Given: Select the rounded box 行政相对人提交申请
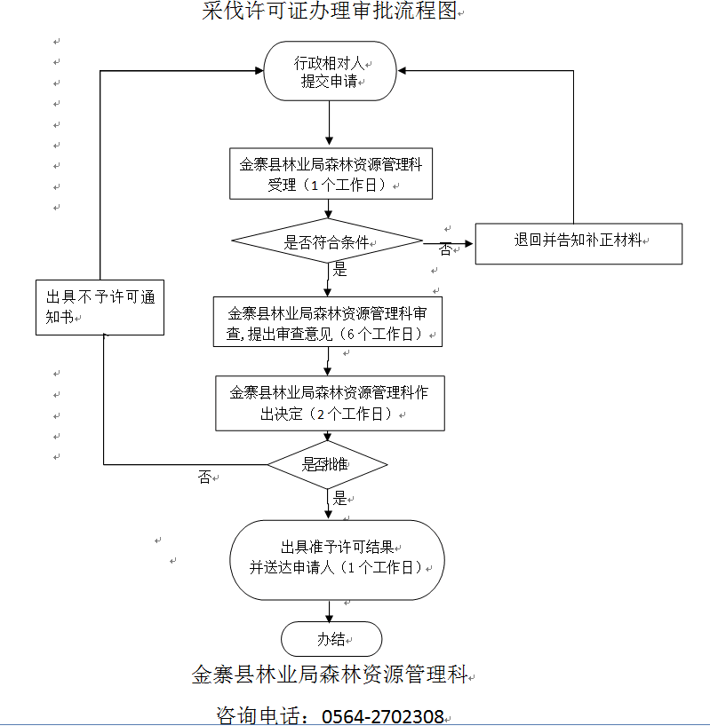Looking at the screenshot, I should tap(330, 73).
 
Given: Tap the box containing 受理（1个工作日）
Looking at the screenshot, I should tap(331, 174).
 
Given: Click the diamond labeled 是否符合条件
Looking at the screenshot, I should tap(327, 241).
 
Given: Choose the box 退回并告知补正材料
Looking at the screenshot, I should tap(578, 241).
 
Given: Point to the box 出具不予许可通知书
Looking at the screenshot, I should tap(100, 307).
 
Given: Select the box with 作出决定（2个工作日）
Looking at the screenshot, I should tap(329, 403).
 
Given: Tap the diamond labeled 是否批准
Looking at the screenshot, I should tap(328, 464).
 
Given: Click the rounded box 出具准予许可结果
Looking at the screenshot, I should tap(337, 558).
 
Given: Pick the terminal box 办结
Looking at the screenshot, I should tap(331, 639).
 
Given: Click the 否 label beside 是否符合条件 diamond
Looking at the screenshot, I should tap(445, 249).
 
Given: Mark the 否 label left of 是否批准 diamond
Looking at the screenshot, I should tap(205, 477).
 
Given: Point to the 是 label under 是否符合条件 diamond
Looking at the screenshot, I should tap(339, 270).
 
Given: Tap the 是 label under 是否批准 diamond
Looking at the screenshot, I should tap(339, 499).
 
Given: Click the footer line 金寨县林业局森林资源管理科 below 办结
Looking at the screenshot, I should tap(329, 675).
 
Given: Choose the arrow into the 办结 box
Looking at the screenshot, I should tap(330, 612).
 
